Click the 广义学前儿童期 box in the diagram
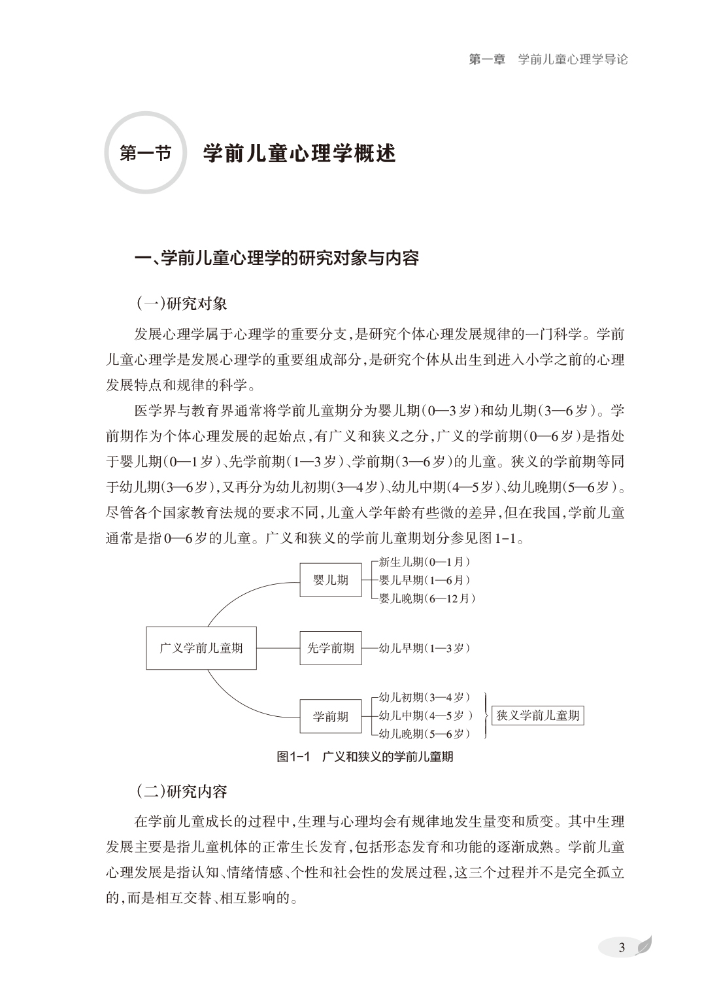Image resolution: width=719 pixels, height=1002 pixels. (x=201, y=648)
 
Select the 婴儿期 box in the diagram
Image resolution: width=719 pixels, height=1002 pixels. (x=330, y=580)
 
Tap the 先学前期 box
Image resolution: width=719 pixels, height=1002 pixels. (x=330, y=648)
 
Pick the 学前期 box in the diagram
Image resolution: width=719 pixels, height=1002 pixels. (x=330, y=717)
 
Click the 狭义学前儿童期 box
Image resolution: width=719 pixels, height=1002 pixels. (x=537, y=716)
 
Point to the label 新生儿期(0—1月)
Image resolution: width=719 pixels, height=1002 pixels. (x=424, y=562)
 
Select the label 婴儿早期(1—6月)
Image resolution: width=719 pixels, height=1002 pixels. (x=424, y=580)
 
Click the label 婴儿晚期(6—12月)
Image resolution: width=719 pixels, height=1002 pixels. (x=427, y=598)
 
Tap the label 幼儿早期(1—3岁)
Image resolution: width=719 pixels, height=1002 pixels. (x=424, y=648)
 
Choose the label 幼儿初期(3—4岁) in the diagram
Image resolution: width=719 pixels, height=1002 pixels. (x=424, y=698)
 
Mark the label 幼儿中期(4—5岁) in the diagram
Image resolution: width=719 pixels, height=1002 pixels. (x=426, y=716)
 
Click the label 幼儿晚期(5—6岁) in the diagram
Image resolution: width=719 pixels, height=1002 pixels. (x=424, y=734)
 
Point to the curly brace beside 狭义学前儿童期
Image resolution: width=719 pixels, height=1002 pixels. (x=485, y=716)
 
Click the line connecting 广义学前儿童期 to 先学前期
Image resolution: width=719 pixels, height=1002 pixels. (x=278, y=648)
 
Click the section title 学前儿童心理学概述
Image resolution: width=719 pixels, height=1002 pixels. (x=299, y=154)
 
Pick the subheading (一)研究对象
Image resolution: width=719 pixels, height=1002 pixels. (x=181, y=303)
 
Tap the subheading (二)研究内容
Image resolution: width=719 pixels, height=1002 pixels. (x=181, y=792)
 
